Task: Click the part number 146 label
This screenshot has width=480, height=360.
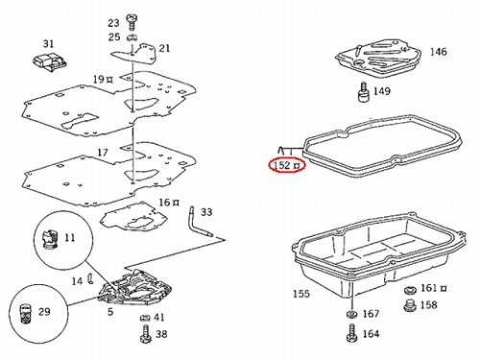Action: [x=438, y=52]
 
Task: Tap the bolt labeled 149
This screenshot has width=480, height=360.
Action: [x=363, y=92]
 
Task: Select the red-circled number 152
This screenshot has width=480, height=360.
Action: [x=282, y=165]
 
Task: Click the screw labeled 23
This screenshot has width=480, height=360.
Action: [x=132, y=21]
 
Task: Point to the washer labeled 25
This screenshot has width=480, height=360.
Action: [x=132, y=37]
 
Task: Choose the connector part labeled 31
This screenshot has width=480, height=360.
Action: [x=50, y=63]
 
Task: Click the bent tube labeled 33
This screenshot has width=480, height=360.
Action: [x=199, y=222]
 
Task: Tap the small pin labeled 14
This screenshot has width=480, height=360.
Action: [x=90, y=278]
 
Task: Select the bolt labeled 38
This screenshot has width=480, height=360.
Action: [x=145, y=334]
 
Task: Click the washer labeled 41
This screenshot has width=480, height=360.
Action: [x=145, y=318]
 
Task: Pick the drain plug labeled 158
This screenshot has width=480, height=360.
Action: [x=411, y=305]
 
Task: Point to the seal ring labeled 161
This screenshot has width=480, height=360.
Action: [x=410, y=291]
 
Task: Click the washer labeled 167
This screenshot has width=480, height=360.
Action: [x=352, y=314]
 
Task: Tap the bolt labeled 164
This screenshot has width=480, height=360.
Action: [x=351, y=333]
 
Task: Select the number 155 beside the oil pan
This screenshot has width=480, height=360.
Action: [x=301, y=294]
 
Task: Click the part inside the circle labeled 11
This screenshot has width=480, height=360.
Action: [x=50, y=240]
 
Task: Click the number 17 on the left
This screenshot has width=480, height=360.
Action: [x=103, y=152]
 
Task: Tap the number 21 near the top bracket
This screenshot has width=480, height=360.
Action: [x=164, y=49]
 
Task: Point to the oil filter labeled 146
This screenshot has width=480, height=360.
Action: [x=378, y=57]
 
